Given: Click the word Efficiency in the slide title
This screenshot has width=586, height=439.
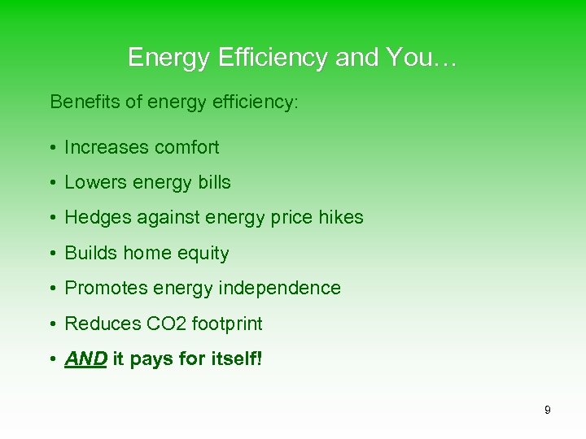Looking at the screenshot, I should (253, 58).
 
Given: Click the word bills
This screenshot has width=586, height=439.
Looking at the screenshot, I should (214, 183).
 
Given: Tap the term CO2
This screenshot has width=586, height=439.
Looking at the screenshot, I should (166, 324).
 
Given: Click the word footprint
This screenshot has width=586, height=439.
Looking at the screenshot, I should (227, 324).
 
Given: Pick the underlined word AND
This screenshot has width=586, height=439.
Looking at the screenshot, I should (85, 359).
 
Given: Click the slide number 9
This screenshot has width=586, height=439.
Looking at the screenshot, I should (547, 411).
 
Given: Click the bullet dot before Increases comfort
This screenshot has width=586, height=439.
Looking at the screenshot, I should (52, 149).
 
